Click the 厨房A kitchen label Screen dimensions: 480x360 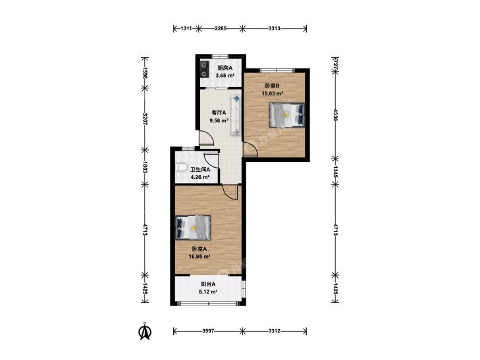click(225, 68)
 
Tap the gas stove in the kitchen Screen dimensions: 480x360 click(204, 69)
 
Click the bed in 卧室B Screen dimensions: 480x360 click(287, 115)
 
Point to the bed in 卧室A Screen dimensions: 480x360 click(193, 228)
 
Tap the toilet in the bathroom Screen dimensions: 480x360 click(182, 168)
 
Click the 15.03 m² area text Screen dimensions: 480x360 click(272, 93)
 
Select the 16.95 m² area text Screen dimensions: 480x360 click(200, 257)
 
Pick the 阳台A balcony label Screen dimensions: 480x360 click(208, 284)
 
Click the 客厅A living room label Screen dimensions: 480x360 click(219, 113)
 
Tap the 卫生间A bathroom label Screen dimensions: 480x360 click(200, 169)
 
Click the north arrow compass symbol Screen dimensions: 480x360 click(145, 331)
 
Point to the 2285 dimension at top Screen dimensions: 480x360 click(221, 29)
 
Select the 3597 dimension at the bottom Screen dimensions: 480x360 click(208, 331)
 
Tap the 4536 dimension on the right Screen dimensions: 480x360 click(335, 115)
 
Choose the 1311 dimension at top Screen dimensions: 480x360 click(186, 29)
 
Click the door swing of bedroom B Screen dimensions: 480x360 click(250, 150)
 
